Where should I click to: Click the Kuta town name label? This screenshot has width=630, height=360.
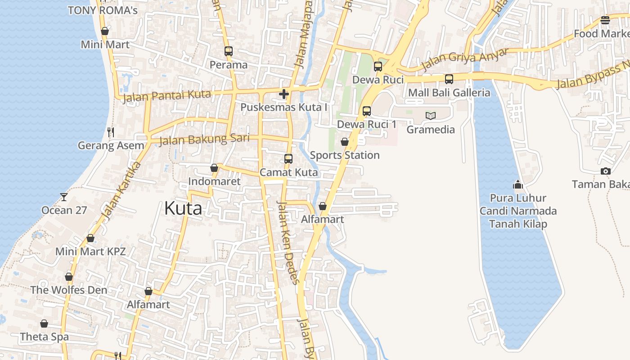[183, 208]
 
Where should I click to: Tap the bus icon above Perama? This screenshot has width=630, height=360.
[229, 51]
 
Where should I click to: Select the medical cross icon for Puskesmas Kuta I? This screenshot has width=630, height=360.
[283, 94]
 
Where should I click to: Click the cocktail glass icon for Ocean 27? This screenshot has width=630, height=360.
[64, 197]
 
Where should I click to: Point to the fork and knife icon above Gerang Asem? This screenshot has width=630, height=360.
[111, 132]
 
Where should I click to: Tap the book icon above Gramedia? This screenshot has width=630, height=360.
[431, 116]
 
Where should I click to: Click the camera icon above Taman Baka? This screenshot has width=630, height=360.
[605, 171]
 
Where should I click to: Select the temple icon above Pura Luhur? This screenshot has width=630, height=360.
[517, 184]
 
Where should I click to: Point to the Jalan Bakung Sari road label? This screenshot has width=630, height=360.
[204, 139]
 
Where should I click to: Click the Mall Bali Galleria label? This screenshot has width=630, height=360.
[449, 93]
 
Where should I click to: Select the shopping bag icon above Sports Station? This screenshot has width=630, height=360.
[345, 142]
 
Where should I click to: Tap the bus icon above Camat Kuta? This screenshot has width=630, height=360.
[288, 159]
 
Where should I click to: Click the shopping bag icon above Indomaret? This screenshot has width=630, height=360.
[214, 168]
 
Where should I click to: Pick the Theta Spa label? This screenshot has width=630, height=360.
[44, 337]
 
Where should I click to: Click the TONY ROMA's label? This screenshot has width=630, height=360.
[103, 10]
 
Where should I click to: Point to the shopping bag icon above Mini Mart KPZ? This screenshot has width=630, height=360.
[90, 238]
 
